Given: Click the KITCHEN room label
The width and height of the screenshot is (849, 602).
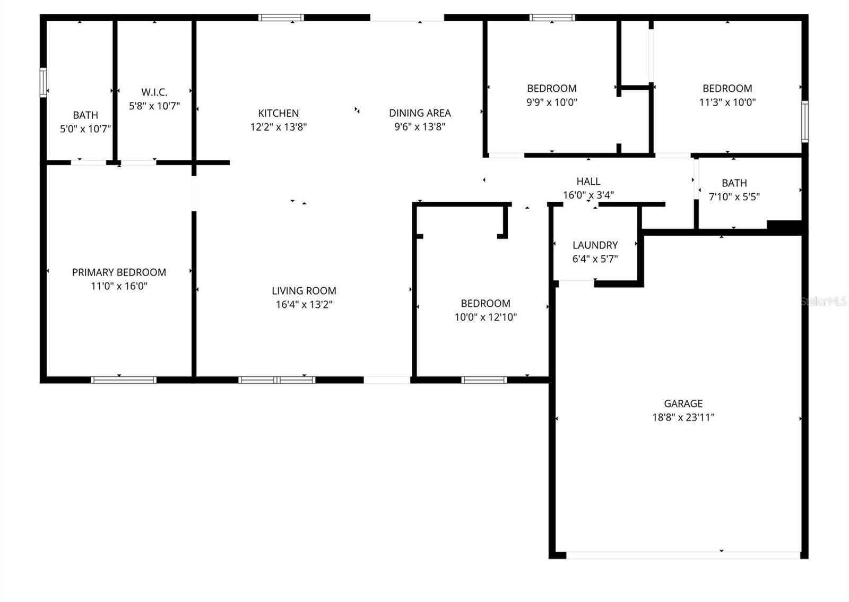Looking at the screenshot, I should (x=278, y=113).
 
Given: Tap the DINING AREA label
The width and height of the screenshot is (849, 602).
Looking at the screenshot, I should (x=420, y=113).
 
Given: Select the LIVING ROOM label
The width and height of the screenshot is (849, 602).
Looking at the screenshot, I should (x=304, y=291).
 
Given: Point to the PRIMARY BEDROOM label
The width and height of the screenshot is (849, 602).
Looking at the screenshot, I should (x=119, y=272).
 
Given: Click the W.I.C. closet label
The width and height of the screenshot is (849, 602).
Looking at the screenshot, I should (x=154, y=92).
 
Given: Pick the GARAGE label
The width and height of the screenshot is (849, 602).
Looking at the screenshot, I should (x=683, y=403).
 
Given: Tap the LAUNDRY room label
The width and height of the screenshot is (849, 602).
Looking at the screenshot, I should (x=595, y=245).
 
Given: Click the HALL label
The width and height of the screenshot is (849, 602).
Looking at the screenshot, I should (x=588, y=182).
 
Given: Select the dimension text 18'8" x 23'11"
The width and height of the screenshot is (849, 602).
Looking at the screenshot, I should (x=683, y=417).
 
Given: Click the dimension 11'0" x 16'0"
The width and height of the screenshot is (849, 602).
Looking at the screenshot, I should (x=119, y=286).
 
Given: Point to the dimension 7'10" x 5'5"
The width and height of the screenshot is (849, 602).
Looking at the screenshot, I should (x=734, y=197).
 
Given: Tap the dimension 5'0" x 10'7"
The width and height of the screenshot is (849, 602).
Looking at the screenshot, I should (x=85, y=129).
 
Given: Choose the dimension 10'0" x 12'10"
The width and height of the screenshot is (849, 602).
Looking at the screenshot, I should (x=486, y=317).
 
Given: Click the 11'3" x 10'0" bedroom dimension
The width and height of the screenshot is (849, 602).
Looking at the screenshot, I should (x=727, y=102).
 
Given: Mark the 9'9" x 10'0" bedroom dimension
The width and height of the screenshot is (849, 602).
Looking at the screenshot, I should (x=551, y=102).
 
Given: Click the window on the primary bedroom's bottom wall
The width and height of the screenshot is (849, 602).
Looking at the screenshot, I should (x=124, y=380).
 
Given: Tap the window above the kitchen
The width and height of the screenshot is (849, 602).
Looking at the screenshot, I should (x=281, y=18).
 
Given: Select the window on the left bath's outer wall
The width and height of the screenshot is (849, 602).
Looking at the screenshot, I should (x=44, y=83).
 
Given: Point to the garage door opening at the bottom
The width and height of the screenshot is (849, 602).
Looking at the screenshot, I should (x=683, y=555).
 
